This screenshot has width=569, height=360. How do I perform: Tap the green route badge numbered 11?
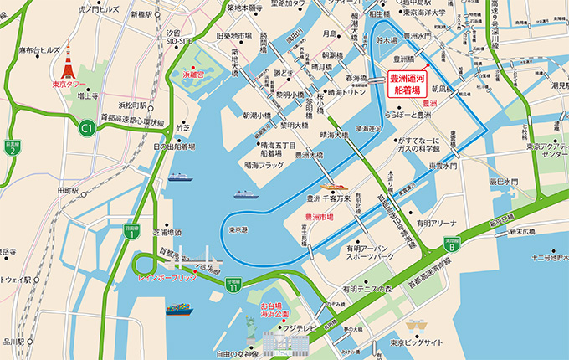tap(233, 285)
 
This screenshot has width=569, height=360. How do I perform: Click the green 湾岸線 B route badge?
tap(450, 244)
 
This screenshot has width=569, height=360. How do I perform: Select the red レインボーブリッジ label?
tap(167, 276)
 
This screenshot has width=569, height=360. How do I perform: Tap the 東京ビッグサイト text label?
tap(416, 343)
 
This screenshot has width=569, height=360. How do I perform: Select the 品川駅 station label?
tap(13, 341)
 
